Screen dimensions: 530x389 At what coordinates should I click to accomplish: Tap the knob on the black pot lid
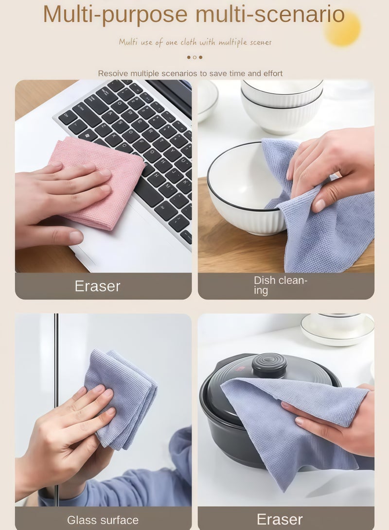[269, 365]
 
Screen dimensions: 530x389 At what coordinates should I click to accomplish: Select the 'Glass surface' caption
[103, 520]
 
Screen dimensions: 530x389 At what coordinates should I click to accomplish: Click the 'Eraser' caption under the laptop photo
[97, 286]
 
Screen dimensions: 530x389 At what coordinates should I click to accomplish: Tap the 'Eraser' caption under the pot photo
[280, 519]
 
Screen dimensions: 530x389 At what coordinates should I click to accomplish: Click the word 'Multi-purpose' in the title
[115, 15]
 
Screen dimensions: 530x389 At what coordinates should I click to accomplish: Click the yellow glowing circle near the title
[343, 28]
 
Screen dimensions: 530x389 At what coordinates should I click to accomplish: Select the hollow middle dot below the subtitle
[194, 57]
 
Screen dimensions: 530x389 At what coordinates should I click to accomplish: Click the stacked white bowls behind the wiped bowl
[282, 104]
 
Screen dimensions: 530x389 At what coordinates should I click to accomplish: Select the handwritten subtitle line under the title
[195, 42]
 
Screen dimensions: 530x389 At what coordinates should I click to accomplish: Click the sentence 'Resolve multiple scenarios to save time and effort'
[190, 73]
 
